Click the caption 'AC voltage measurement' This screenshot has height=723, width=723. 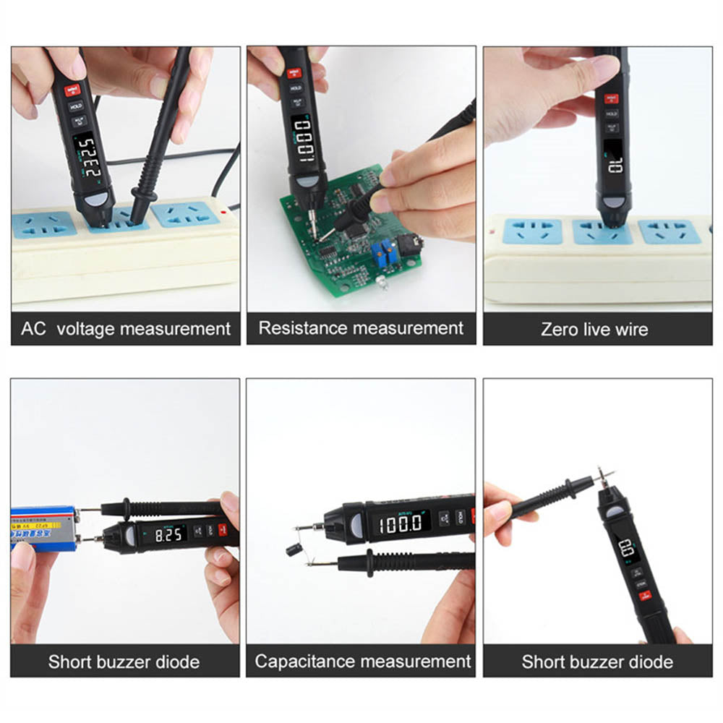coord(126,329)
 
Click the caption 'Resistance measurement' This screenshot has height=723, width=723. coord(361,328)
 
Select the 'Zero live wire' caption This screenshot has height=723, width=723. coord(594,330)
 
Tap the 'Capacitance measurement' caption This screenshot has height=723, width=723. coord(363,661)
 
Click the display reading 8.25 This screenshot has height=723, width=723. coord(167,536)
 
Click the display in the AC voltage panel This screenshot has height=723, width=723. coord(87,158)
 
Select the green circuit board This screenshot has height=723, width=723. coord(340,231)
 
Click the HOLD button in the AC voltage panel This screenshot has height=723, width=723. coord(76,106)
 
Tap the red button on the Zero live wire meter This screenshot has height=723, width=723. coord(611,98)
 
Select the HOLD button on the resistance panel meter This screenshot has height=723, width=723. coord(296,88)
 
